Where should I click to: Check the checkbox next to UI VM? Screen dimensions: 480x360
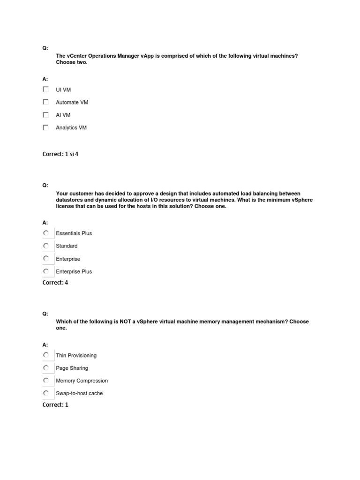45,89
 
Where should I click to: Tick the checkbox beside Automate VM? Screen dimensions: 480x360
45,102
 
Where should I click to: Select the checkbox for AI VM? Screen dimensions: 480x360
45,114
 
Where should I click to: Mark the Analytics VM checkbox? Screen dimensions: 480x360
45,127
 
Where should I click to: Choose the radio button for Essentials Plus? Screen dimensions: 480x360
45,233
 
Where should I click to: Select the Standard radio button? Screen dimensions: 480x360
45,246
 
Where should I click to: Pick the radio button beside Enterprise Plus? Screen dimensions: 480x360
45,271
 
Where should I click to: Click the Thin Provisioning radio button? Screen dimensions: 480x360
45,355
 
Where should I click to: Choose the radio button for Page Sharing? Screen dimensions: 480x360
45,368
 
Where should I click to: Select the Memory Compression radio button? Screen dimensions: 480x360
45,380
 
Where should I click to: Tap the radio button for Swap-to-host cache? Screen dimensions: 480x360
45,393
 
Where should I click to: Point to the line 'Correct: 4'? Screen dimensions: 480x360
55,283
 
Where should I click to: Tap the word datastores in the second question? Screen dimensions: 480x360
69,200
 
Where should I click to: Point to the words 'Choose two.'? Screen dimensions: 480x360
72,62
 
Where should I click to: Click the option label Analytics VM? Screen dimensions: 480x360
71,127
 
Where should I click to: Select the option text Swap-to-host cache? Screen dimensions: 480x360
79,393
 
